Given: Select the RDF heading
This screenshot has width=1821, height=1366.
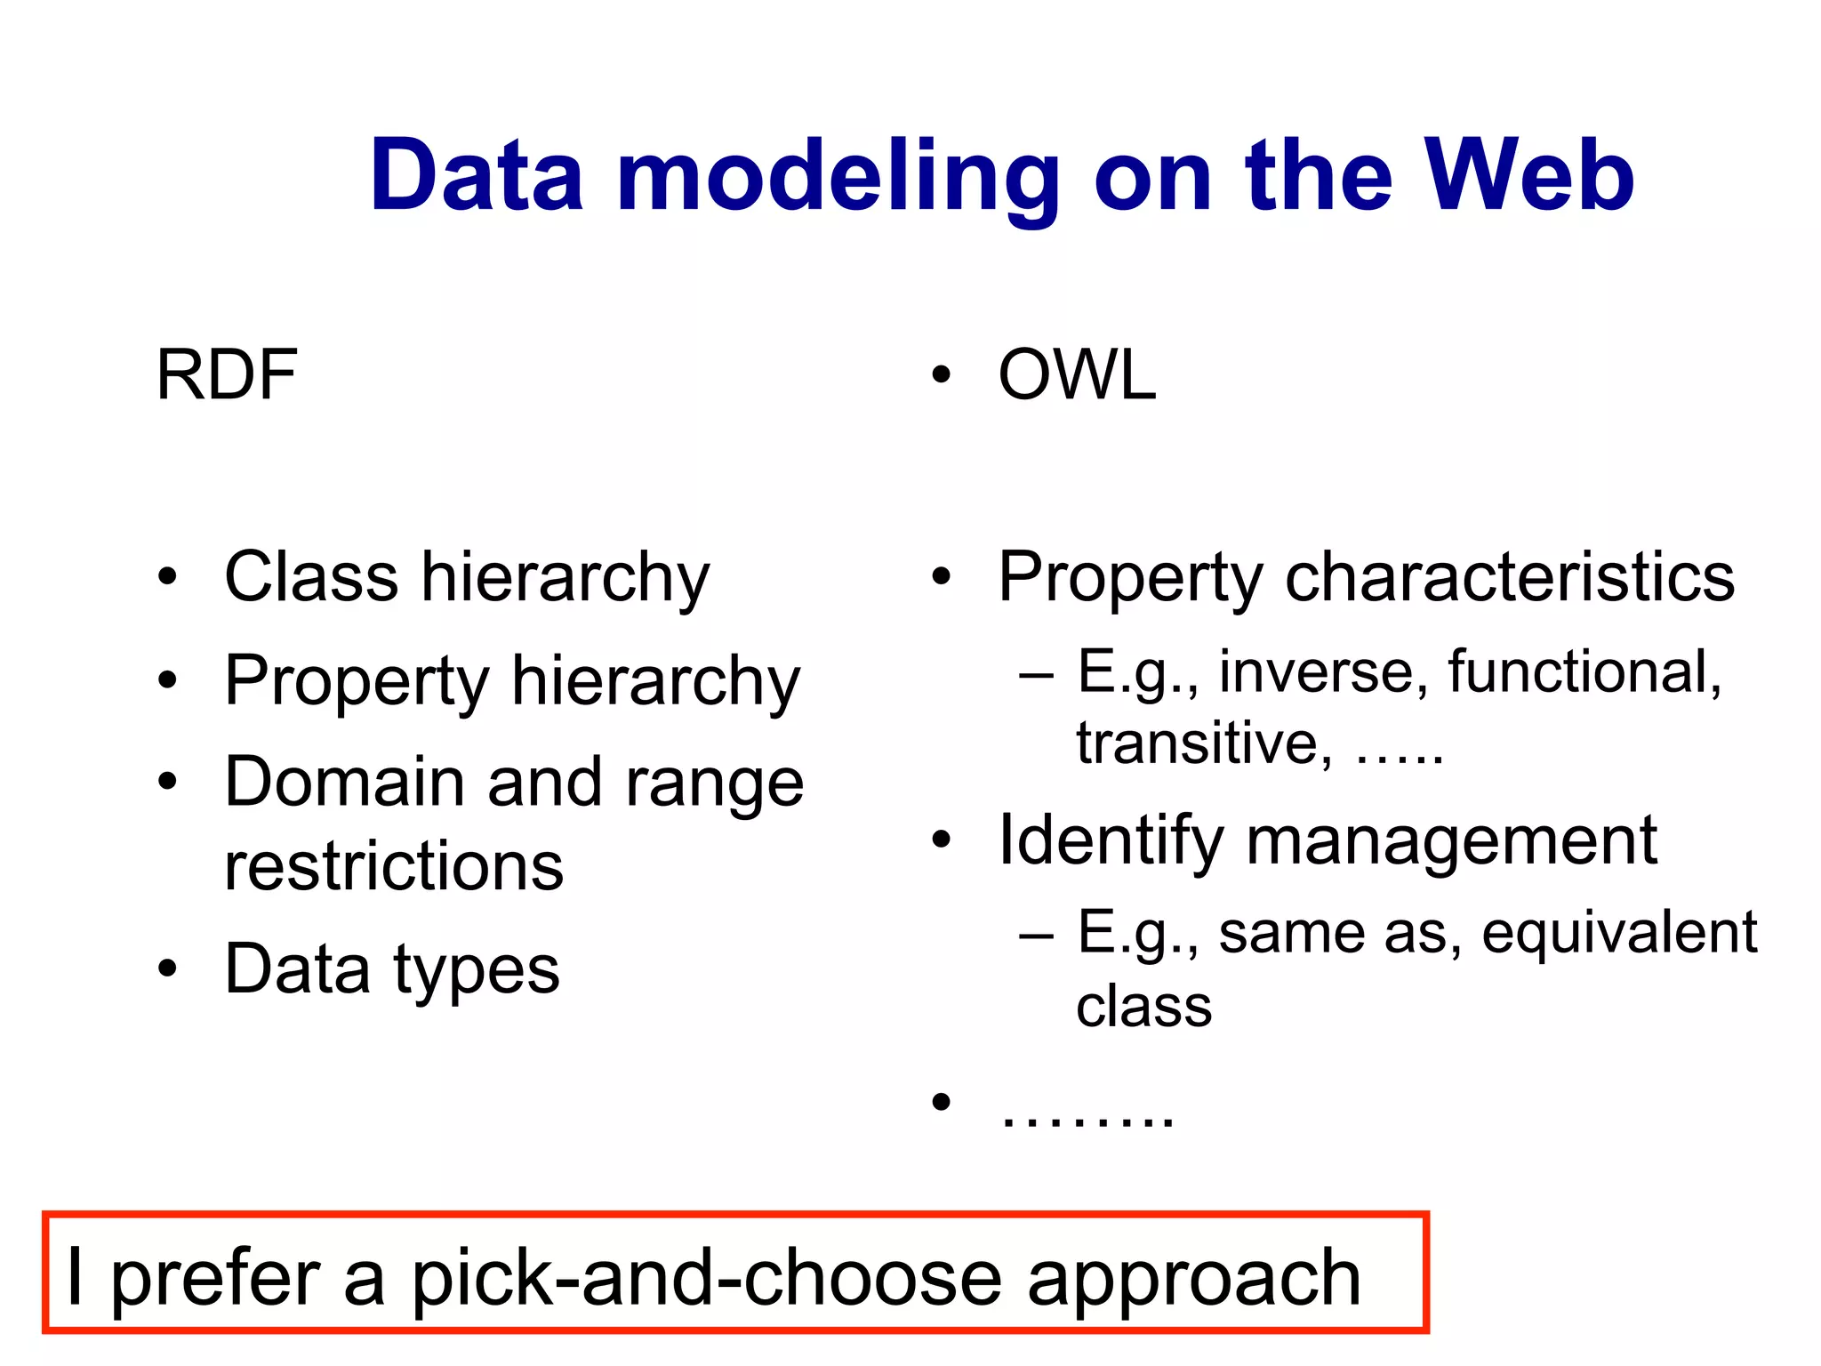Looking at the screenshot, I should point(227,375).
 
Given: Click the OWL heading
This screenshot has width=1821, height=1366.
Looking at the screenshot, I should point(1077,375).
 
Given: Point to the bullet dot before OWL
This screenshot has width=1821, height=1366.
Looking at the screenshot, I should point(941,375).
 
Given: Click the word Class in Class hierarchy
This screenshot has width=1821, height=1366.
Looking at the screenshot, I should point(310,577).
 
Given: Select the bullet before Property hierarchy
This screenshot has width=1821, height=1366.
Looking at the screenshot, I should point(167,680).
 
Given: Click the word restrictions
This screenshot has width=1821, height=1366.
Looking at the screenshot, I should point(394,867).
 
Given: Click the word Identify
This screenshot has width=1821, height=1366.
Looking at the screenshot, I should point(1111,840).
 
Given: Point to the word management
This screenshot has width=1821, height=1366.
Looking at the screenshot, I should point(1451,840).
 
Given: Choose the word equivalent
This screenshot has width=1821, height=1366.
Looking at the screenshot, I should point(1619,934).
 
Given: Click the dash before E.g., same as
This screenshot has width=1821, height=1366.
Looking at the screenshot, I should point(1036,936).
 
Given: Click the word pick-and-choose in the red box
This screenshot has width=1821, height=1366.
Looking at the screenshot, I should point(707,1279).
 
